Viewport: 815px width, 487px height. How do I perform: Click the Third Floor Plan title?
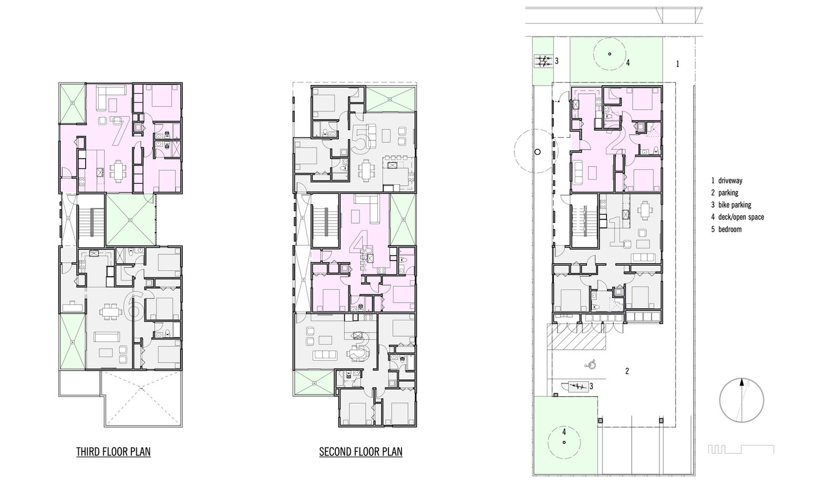[113, 452]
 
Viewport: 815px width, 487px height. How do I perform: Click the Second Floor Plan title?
[360, 452]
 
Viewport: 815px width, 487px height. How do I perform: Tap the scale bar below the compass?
[741, 449]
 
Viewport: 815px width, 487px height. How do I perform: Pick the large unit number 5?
[361, 139]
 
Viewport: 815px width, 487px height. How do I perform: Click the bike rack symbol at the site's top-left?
[543, 61]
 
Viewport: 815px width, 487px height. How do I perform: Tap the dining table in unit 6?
[109, 312]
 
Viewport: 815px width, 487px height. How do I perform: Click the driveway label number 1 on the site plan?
[677, 64]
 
